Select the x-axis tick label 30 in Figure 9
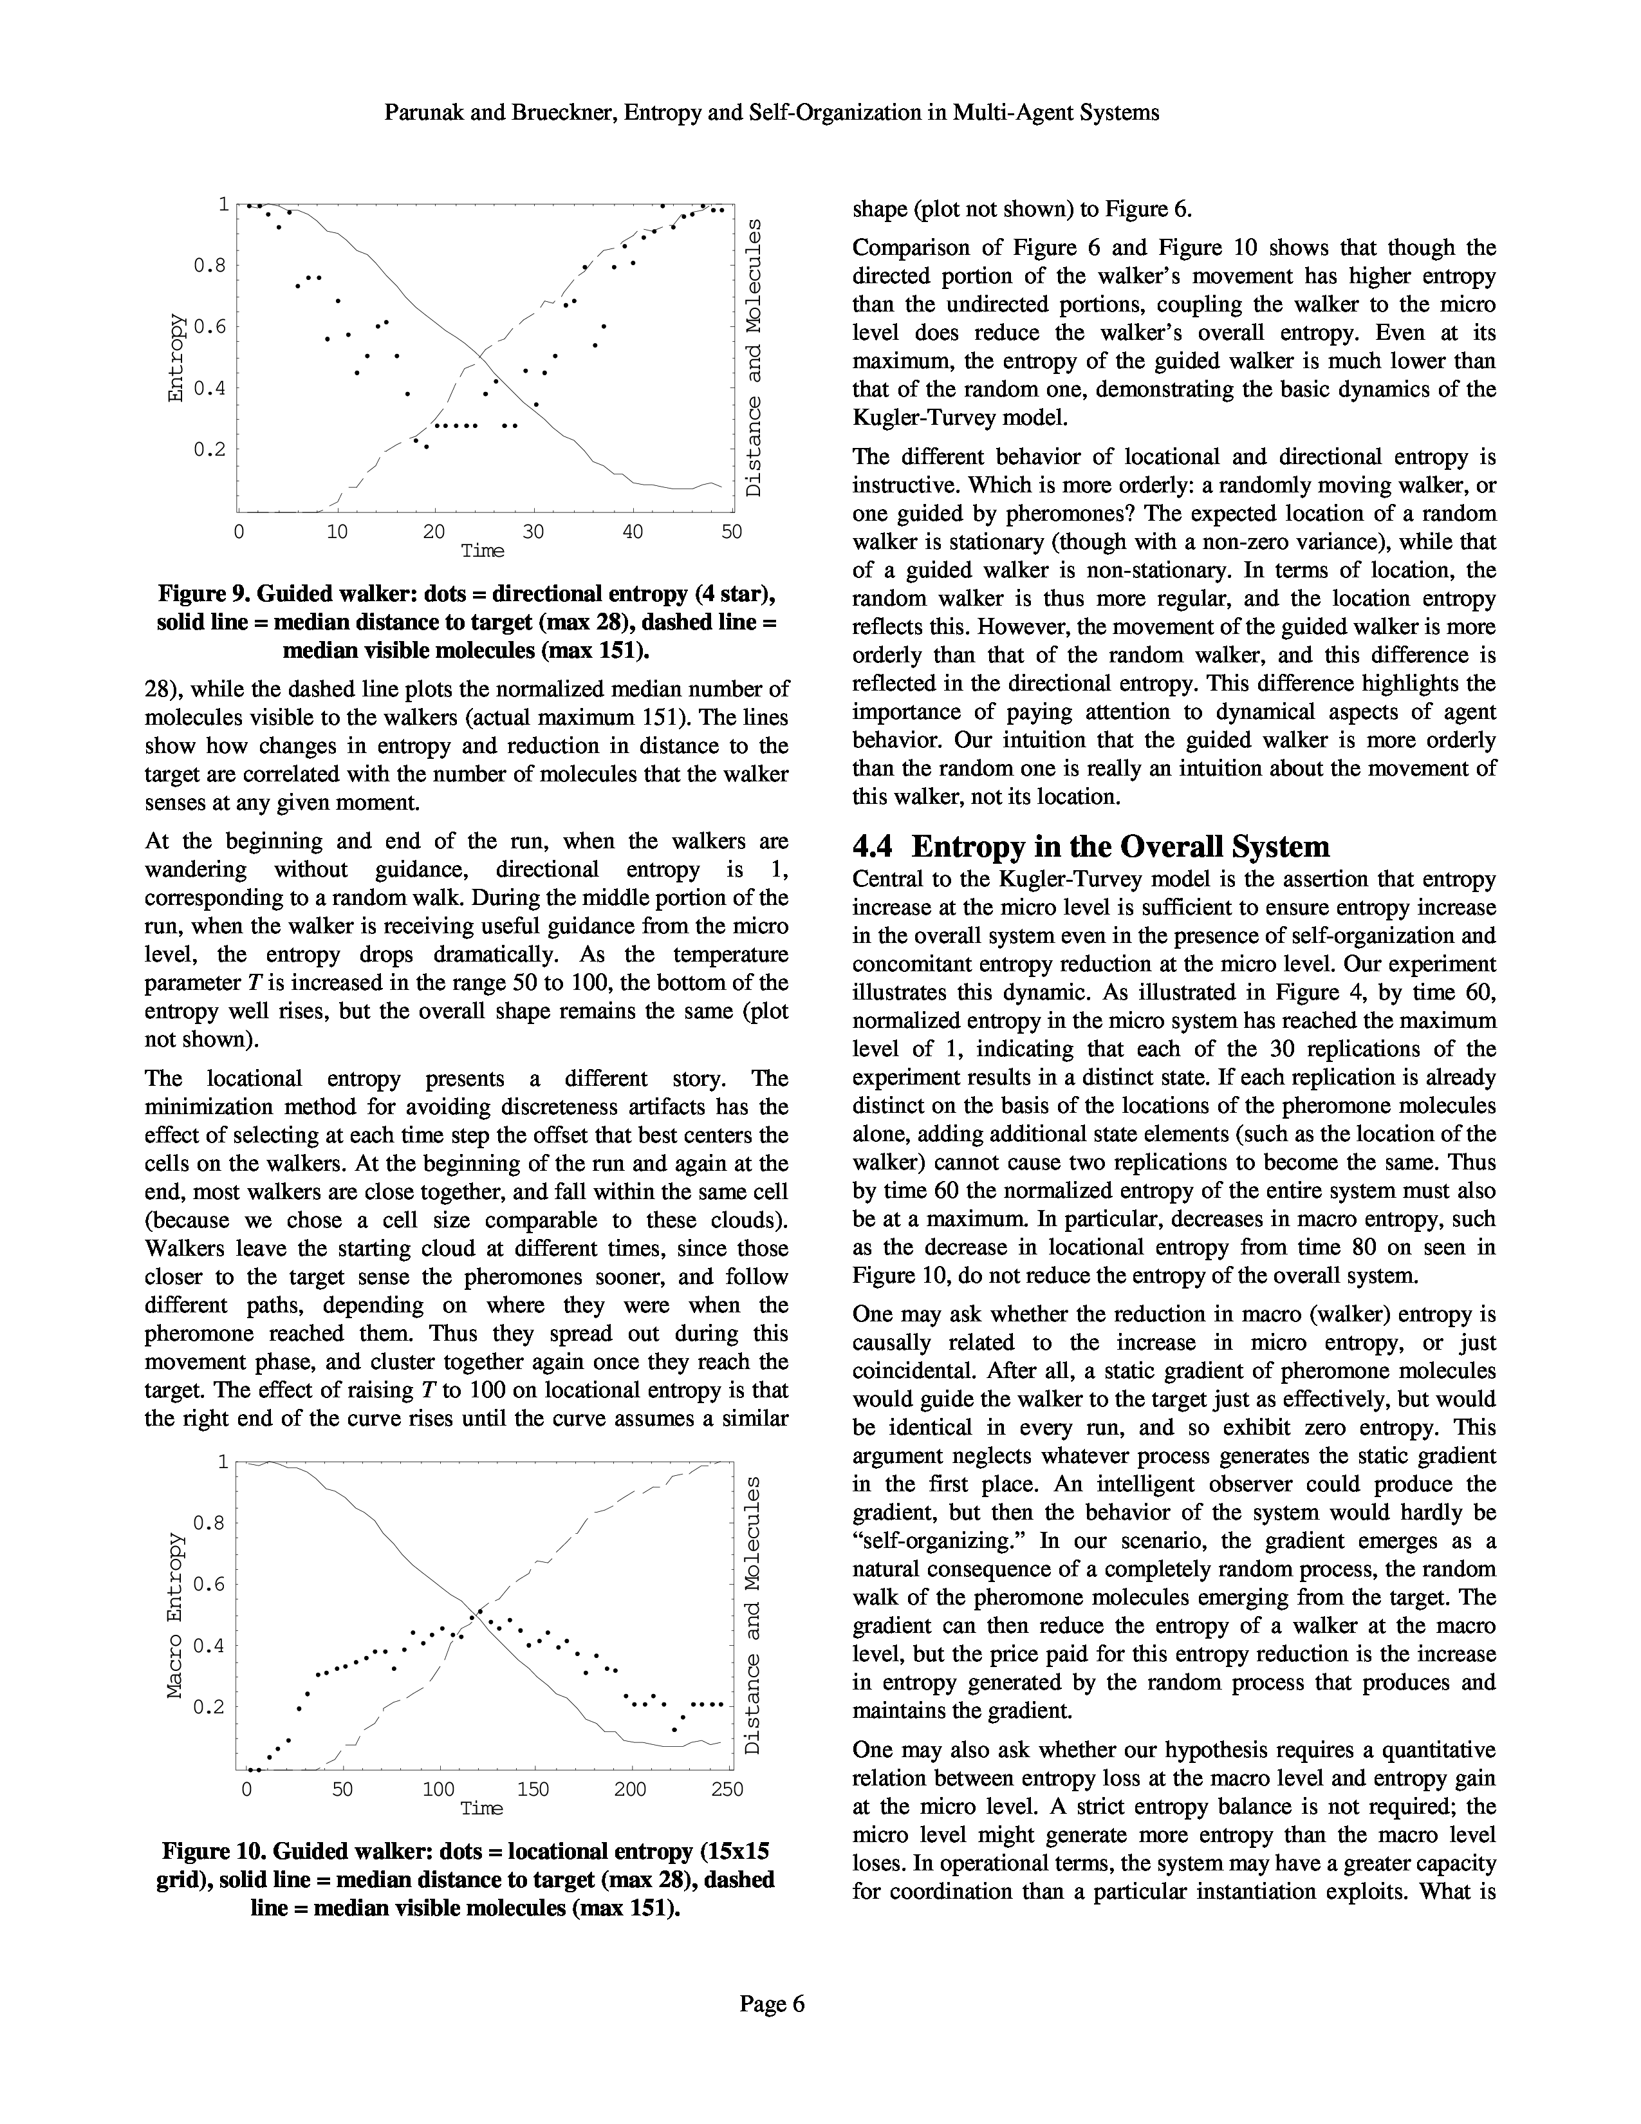[x=533, y=532]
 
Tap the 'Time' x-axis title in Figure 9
[x=482, y=552]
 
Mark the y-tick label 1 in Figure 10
[x=223, y=1462]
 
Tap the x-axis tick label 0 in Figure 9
[x=238, y=532]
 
